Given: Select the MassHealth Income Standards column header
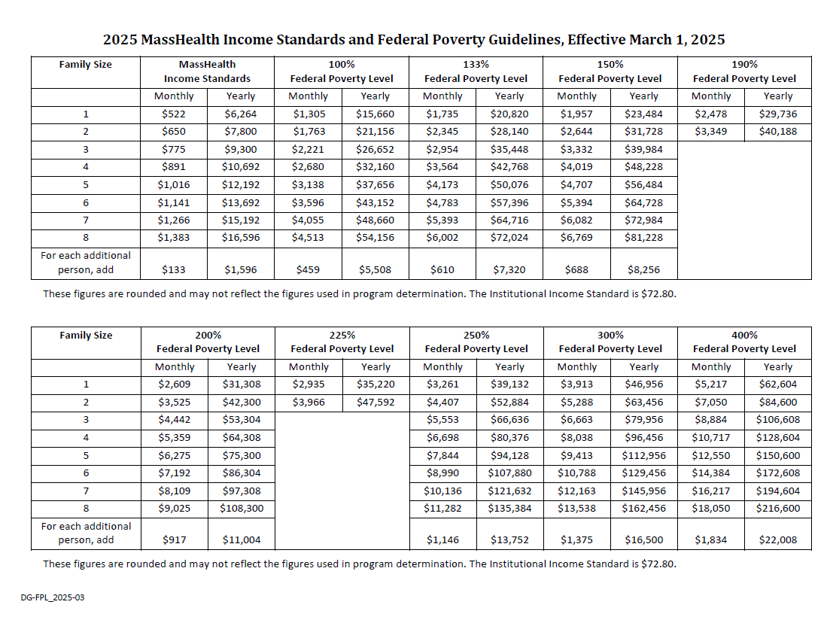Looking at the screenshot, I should tap(207, 71).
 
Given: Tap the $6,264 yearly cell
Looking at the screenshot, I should tap(241, 114).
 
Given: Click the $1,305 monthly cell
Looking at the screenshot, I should tap(308, 114).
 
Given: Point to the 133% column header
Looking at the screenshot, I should tap(476, 71).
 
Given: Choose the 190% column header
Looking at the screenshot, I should tap(744, 71).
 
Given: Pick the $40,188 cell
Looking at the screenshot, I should tap(777, 132).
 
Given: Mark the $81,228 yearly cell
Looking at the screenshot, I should tap(643, 237).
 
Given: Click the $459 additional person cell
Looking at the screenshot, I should tap(308, 269).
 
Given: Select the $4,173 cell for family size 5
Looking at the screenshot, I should tap(442, 184).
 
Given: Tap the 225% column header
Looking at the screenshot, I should tap(342, 342).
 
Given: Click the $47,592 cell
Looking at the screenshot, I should tap(375, 403).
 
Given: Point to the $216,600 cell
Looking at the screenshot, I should tap(777, 508).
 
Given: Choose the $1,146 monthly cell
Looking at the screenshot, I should tap(442, 539).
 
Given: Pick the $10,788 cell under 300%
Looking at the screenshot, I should tap(576, 473).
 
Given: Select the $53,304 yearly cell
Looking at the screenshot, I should tap(241, 420).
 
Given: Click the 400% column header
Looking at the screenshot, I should tap(744, 342).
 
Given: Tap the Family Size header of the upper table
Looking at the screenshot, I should tap(86, 65).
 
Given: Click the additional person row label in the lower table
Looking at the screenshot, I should tap(86, 533).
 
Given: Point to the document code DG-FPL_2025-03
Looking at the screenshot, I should tap(53, 597).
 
